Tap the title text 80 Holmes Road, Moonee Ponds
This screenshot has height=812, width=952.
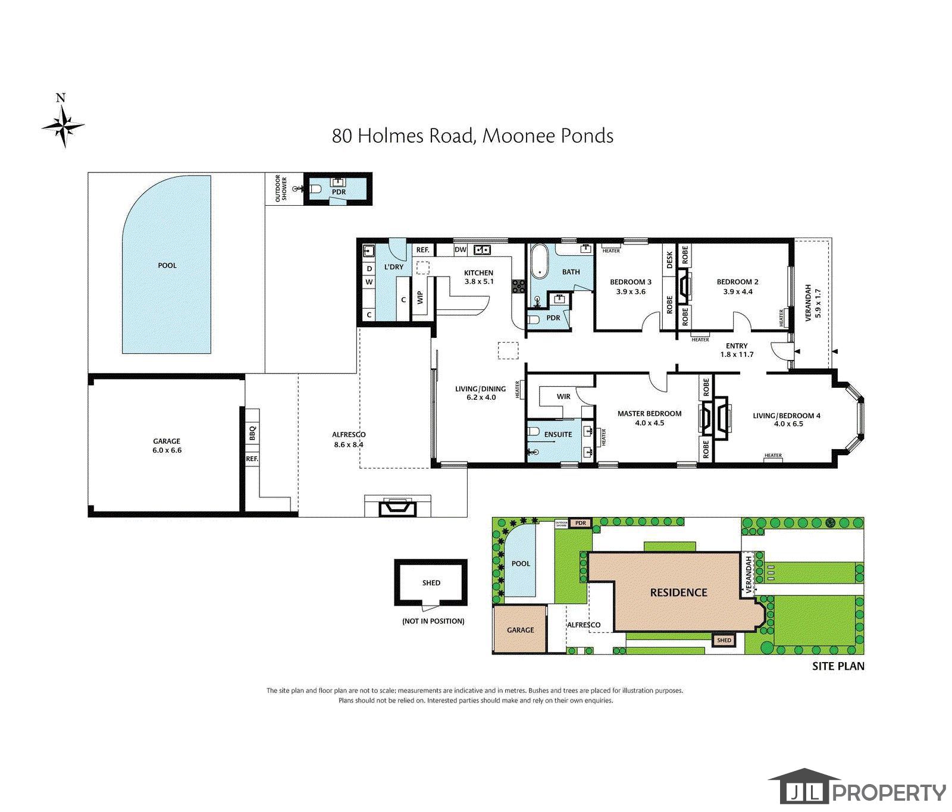coord(472,136)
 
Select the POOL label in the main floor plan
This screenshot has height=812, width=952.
coord(167,265)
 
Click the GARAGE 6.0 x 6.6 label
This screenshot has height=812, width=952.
coord(167,446)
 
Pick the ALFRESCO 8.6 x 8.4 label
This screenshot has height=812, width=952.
coord(349,439)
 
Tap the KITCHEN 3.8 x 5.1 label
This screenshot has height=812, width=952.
coord(478,277)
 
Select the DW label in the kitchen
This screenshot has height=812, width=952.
coord(460,250)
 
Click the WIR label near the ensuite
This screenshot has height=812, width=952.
coord(563,396)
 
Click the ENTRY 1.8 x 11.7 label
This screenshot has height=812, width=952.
coord(737,350)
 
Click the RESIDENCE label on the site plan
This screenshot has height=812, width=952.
coord(679,592)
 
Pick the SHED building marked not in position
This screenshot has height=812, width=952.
coord(431,583)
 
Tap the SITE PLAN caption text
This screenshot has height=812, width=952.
coord(838,666)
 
